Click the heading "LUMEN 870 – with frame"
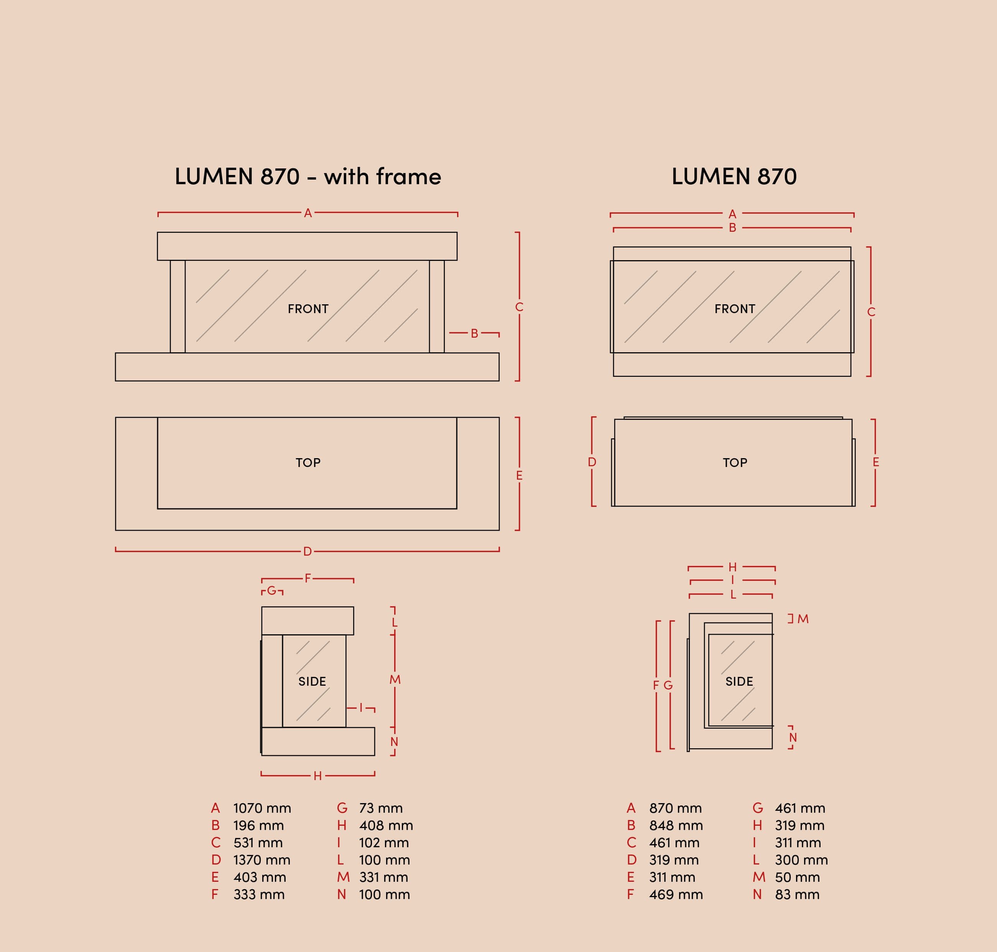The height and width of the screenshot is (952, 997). click(x=308, y=177)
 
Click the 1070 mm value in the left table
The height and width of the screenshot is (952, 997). click(x=262, y=808)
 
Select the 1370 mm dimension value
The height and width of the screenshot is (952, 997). click(x=262, y=860)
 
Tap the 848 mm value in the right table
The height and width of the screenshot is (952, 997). click(x=676, y=826)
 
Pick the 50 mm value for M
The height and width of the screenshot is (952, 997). click(x=797, y=878)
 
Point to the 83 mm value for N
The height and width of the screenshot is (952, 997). click(x=797, y=895)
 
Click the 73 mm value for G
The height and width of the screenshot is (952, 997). click(x=381, y=808)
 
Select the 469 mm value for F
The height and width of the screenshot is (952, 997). click(x=676, y=895)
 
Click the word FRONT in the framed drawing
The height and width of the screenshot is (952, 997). click(x=308, y=309)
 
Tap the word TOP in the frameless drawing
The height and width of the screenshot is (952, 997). click(x=735, y=463)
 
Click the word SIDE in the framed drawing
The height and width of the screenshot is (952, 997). click(x=312, y=681)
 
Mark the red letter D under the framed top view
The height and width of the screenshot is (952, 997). click(x=307, y=552)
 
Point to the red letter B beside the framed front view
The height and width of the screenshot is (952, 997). click(x=474, y=333)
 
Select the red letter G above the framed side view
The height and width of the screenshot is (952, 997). click(x=271, y=591)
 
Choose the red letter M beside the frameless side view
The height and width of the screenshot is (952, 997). click(x=803, y=619)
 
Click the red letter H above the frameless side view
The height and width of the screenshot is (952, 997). click(x=732, y=568)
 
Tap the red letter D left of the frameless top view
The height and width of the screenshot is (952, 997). click(x=592, y=462)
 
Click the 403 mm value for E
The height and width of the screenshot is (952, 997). click(x=260, y=878)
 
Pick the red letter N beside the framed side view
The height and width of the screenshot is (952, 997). click(x=394, y=742)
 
